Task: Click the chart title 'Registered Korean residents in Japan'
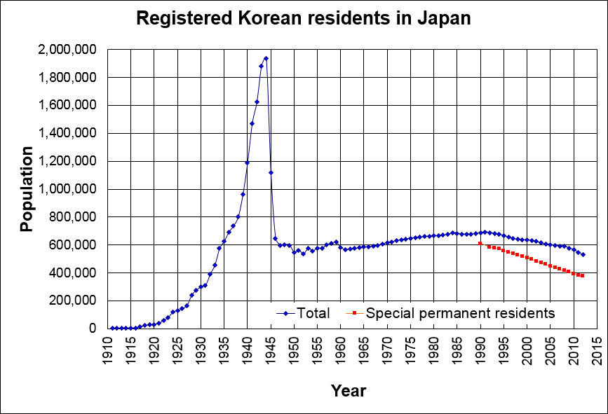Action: [303, 19]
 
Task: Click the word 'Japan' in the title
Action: [445, 19]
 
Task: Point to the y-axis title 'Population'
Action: [26, 189]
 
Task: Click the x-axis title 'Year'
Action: [348, 389]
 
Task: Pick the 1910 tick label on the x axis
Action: [108, 348]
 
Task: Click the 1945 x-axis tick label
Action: [271, 348]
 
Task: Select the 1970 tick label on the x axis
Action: [387, 348]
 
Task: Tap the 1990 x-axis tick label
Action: [480, 348]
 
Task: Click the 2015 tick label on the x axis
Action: [597, 348]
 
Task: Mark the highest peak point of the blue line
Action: [266, 58]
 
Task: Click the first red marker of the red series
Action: [480, 244]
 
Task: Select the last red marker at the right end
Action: [583, 276]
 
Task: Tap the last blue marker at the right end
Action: [583, 254]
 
